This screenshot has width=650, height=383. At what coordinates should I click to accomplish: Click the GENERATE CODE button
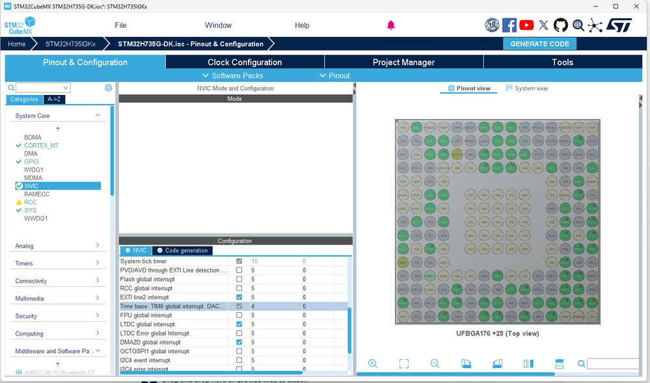pos(539,44)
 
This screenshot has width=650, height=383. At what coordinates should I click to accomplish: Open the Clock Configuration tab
pos(245,62)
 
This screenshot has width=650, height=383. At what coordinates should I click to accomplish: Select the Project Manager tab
pos(403,62)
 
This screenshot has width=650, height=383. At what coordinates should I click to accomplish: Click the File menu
pos(120,25)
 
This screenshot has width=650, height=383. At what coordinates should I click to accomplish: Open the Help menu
pos(302,25)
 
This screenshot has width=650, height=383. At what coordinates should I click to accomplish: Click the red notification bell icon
pos(391,25)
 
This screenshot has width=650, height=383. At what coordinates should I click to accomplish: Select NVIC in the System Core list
pos(31,186)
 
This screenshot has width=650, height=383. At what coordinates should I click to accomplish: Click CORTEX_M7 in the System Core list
pos(41,146)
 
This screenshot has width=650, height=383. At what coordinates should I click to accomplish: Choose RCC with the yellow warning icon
pos(30,202)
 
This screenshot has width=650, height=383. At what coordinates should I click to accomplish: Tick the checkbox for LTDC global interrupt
pos(239,324)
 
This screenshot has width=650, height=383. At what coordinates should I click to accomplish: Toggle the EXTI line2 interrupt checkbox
pos(239,297)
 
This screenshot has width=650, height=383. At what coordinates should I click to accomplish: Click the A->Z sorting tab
pos(53,99)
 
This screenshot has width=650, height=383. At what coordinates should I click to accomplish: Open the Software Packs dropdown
pos(233,75)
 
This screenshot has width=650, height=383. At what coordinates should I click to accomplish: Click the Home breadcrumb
pos(17,44)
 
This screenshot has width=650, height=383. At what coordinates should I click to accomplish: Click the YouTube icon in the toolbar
pos(526,25)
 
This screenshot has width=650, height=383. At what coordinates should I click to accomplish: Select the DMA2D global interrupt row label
pos(150,342)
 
